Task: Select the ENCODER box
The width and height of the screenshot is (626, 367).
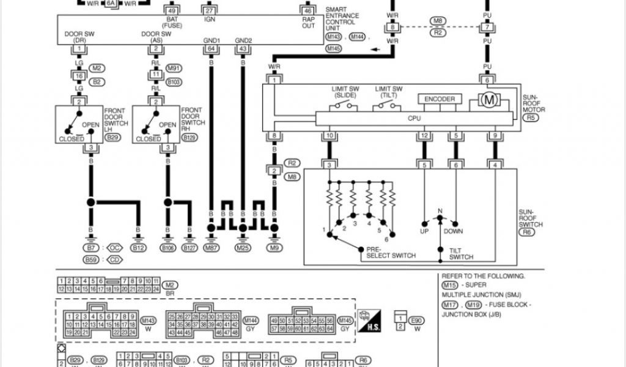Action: pos(439,99)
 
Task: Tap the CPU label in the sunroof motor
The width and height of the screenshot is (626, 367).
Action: pos(414,118)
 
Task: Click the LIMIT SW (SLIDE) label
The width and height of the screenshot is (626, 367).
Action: pos(345,92)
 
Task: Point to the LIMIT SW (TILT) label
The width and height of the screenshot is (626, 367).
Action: pos(389,92)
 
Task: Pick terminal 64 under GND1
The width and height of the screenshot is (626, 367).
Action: pos(212,48)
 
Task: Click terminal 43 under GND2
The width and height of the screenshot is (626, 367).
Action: pos(243,48)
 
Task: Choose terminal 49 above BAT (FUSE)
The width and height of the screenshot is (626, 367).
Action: pos(171,11)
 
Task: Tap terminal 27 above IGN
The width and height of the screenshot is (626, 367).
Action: pos(210,11)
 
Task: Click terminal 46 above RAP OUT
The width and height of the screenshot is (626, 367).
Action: pos(307,11)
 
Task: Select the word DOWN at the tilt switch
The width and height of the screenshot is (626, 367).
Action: pos(454,231)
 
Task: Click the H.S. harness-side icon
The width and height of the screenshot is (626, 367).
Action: pos(368,321)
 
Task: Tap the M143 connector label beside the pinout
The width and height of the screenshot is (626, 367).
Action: pos(148,320)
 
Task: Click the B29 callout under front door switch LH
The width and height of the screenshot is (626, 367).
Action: pos(112,138)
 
